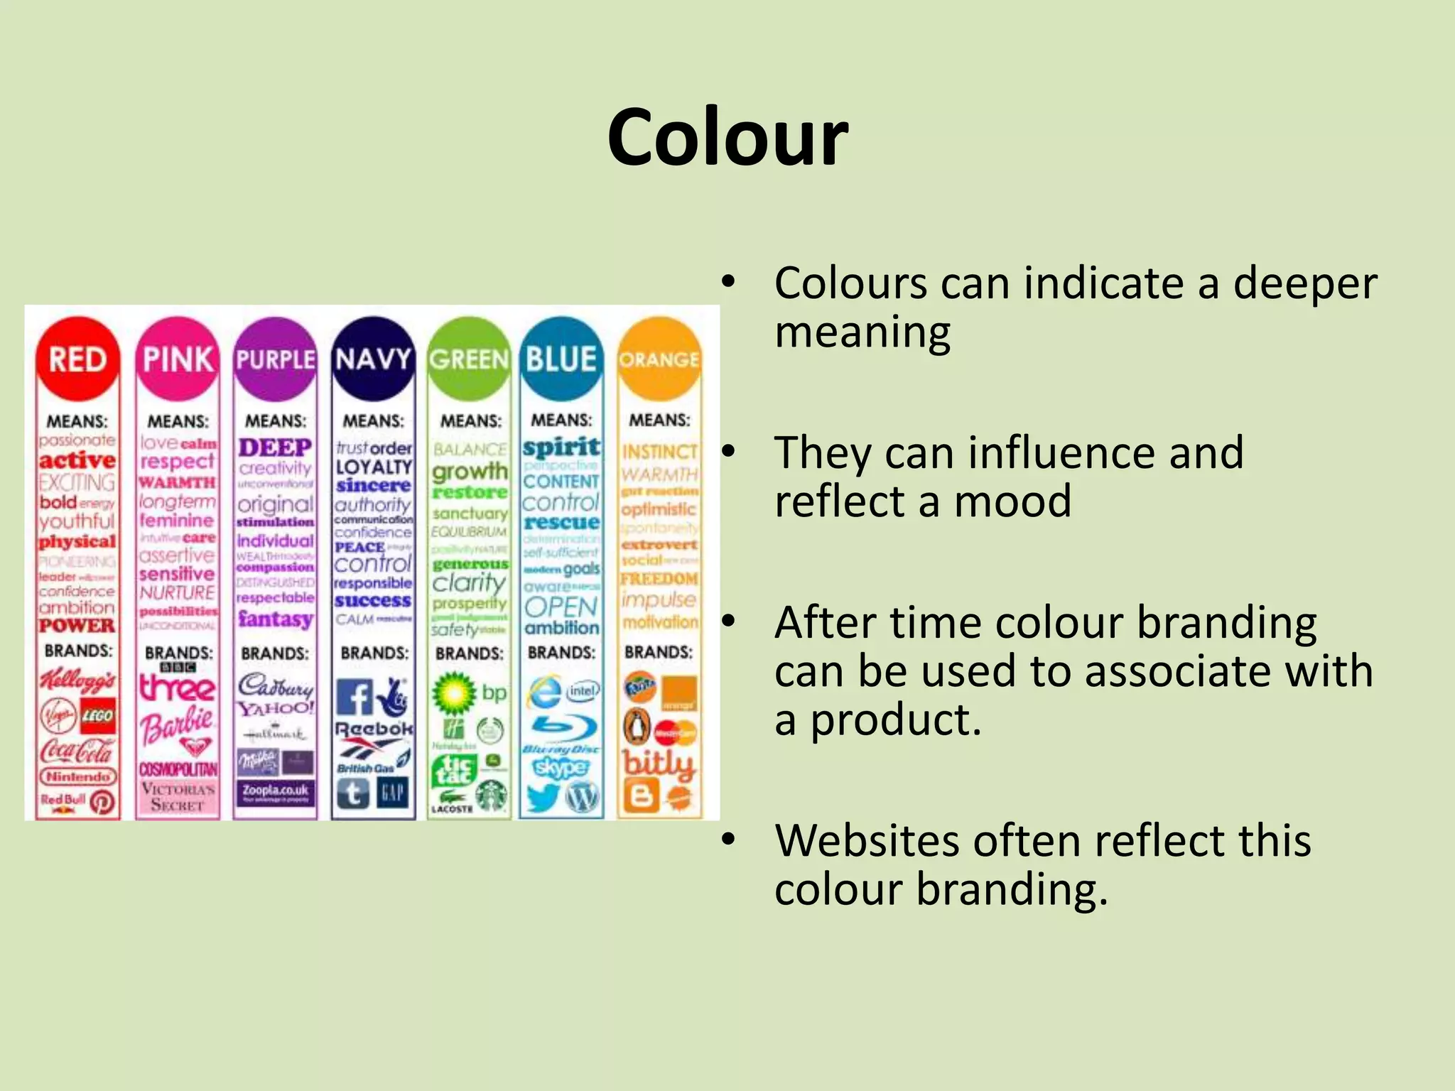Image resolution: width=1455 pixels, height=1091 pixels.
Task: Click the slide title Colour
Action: pos(727,136)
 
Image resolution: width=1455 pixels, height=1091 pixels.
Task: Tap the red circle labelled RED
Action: pos(77,359)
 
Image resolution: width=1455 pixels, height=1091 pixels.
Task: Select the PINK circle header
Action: pos(178,359)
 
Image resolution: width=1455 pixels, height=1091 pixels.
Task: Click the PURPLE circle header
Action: pos(275,359)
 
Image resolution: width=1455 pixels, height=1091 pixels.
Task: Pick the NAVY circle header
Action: pos(373,359)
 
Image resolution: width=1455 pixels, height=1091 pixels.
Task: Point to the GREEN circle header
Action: pos(469,359)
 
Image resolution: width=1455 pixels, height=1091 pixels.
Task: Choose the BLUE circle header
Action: pos(561,359)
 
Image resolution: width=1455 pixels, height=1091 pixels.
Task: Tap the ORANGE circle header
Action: pos(659,359)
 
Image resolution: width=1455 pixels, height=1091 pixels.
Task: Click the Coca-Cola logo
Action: pos(77,750)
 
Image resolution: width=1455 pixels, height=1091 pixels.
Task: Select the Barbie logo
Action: pos(178,723)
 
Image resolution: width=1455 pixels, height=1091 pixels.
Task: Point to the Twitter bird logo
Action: pos(543,798)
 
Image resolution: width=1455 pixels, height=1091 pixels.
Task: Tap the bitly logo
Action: pos(658,764)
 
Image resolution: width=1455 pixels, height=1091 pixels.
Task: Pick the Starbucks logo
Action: pos(491,795)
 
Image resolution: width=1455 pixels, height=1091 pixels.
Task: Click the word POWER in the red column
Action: pos(77,626)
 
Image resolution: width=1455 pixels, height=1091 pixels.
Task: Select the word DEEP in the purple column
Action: pos(275,447)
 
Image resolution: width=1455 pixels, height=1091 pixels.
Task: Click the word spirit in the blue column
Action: pos(561,447)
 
